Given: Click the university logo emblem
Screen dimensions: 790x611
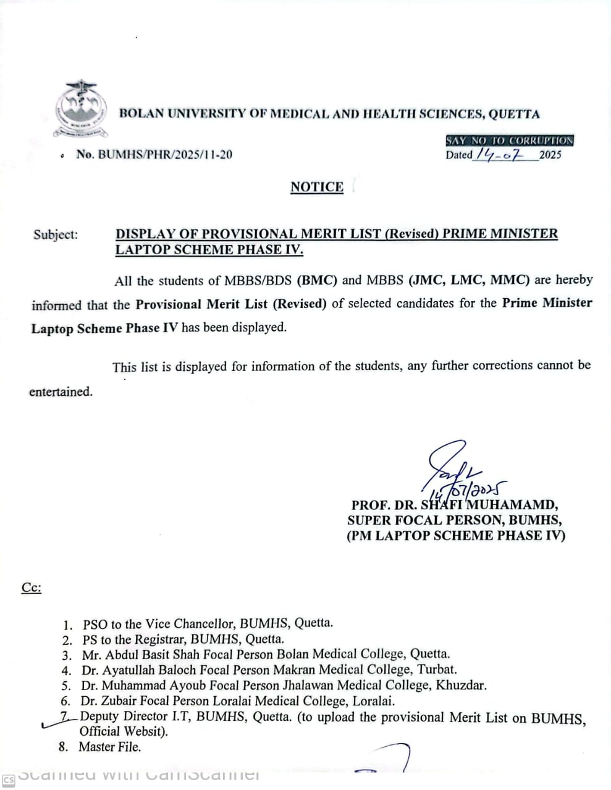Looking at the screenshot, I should (81, 109).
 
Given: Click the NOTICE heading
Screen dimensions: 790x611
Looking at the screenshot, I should (317, 187).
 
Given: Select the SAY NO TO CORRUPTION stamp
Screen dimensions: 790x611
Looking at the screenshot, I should (510, 141).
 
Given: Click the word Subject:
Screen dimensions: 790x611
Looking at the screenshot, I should (56, 235).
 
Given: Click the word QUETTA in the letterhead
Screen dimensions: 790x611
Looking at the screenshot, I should (514, 114).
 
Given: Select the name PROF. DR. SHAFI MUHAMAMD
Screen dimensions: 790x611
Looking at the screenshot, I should (455, 505).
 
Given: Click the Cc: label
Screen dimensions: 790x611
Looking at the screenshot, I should (32, 587).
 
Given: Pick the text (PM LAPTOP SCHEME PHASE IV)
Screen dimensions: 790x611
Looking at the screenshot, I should (455, 535).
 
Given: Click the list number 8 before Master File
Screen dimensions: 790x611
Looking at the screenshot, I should (63, 747).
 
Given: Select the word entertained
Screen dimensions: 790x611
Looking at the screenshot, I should (61, 392).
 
